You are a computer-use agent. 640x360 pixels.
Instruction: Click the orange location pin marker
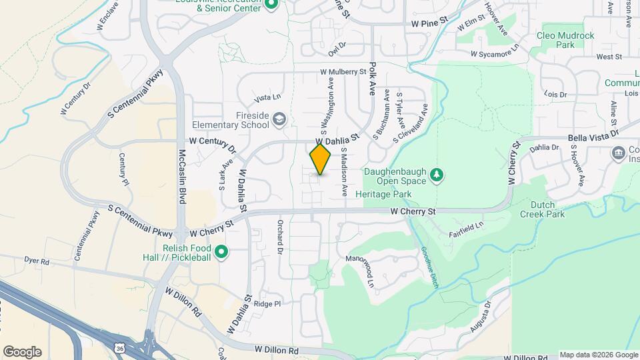pyautogui.click(x=320, y=159)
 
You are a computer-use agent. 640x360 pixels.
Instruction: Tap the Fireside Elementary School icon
pyautogui.click(x=280, y=119)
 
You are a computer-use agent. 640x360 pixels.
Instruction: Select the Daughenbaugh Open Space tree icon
pyautogui.click(x=437, y=175)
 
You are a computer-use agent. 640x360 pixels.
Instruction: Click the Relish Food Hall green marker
pyautogui.click(x=222, y=252)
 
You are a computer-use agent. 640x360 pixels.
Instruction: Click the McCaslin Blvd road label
pyautogui.click(x=182, y=176)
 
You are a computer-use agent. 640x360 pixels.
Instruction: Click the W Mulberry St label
pyautogui.click(x=343, y=71)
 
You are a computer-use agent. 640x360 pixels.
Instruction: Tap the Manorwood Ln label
pyautogui.click(x=368, y=269)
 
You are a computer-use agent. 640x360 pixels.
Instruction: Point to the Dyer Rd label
pyautogui.click(x=36, y=262)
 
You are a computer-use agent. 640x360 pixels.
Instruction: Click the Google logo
pyautogui.click(x=22, y=352)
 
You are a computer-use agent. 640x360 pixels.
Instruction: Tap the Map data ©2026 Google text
pyautogui.click(x=597, y=355)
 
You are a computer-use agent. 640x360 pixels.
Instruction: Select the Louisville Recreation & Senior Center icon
pyautogui.click(x=271, y=5)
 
